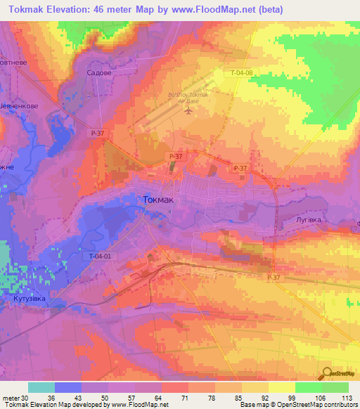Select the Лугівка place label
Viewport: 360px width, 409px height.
click(x=307, y=220)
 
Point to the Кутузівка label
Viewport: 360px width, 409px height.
click(x=29, y=299)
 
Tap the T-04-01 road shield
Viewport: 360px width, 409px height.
click(x=101, y=257)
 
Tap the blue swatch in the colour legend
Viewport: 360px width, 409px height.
click(x=68, y=387)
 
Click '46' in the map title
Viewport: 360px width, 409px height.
click(x=115, y=9)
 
